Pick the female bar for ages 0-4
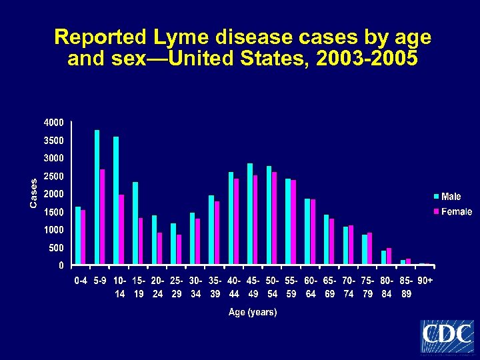pos(83,237)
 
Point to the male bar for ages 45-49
pos(250,213)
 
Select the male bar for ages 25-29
pos(173,244)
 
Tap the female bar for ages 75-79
pos(370,249)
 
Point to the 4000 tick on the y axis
pos(54,123)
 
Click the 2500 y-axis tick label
pos(54,176)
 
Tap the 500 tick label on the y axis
pos(56,247)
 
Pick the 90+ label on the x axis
pos(425,281)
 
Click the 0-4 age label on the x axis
pos(81,281)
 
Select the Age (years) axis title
pos(253,312)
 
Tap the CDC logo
pos(447,336)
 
